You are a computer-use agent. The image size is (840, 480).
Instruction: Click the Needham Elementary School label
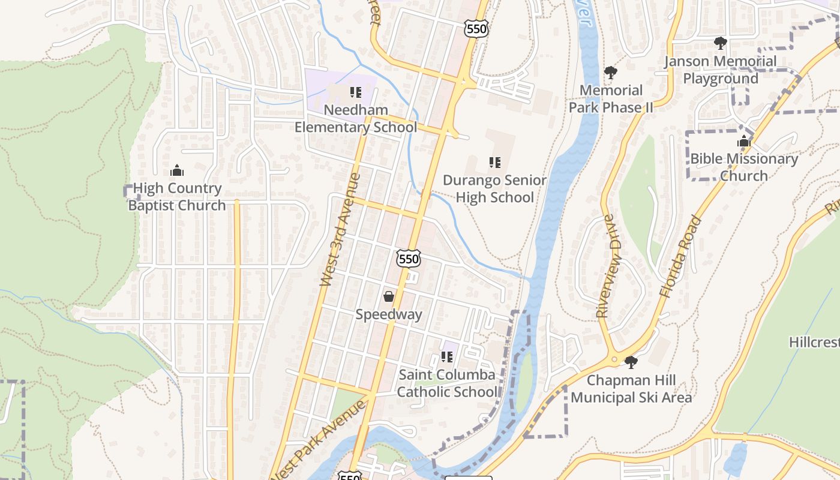355,119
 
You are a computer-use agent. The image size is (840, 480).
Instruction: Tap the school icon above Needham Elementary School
356,92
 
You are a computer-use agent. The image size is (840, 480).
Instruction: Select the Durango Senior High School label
494,189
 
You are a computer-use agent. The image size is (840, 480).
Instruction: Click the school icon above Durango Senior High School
494,162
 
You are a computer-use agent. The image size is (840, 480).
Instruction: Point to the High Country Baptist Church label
176,197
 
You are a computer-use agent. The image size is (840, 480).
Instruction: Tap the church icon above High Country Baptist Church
176,171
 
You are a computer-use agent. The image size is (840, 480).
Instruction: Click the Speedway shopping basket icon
389,296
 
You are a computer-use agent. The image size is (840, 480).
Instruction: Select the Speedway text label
389,314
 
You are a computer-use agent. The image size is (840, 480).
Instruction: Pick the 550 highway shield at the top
476,28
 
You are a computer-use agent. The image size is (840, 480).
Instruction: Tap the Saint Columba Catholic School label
448,383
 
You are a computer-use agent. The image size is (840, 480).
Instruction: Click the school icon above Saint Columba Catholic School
446,357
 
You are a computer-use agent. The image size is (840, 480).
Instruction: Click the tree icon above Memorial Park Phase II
611,73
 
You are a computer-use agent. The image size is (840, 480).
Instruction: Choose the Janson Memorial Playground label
721,70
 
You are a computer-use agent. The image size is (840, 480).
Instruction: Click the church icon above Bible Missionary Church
744,142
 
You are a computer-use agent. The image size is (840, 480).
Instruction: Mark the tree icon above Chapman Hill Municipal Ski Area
631,362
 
